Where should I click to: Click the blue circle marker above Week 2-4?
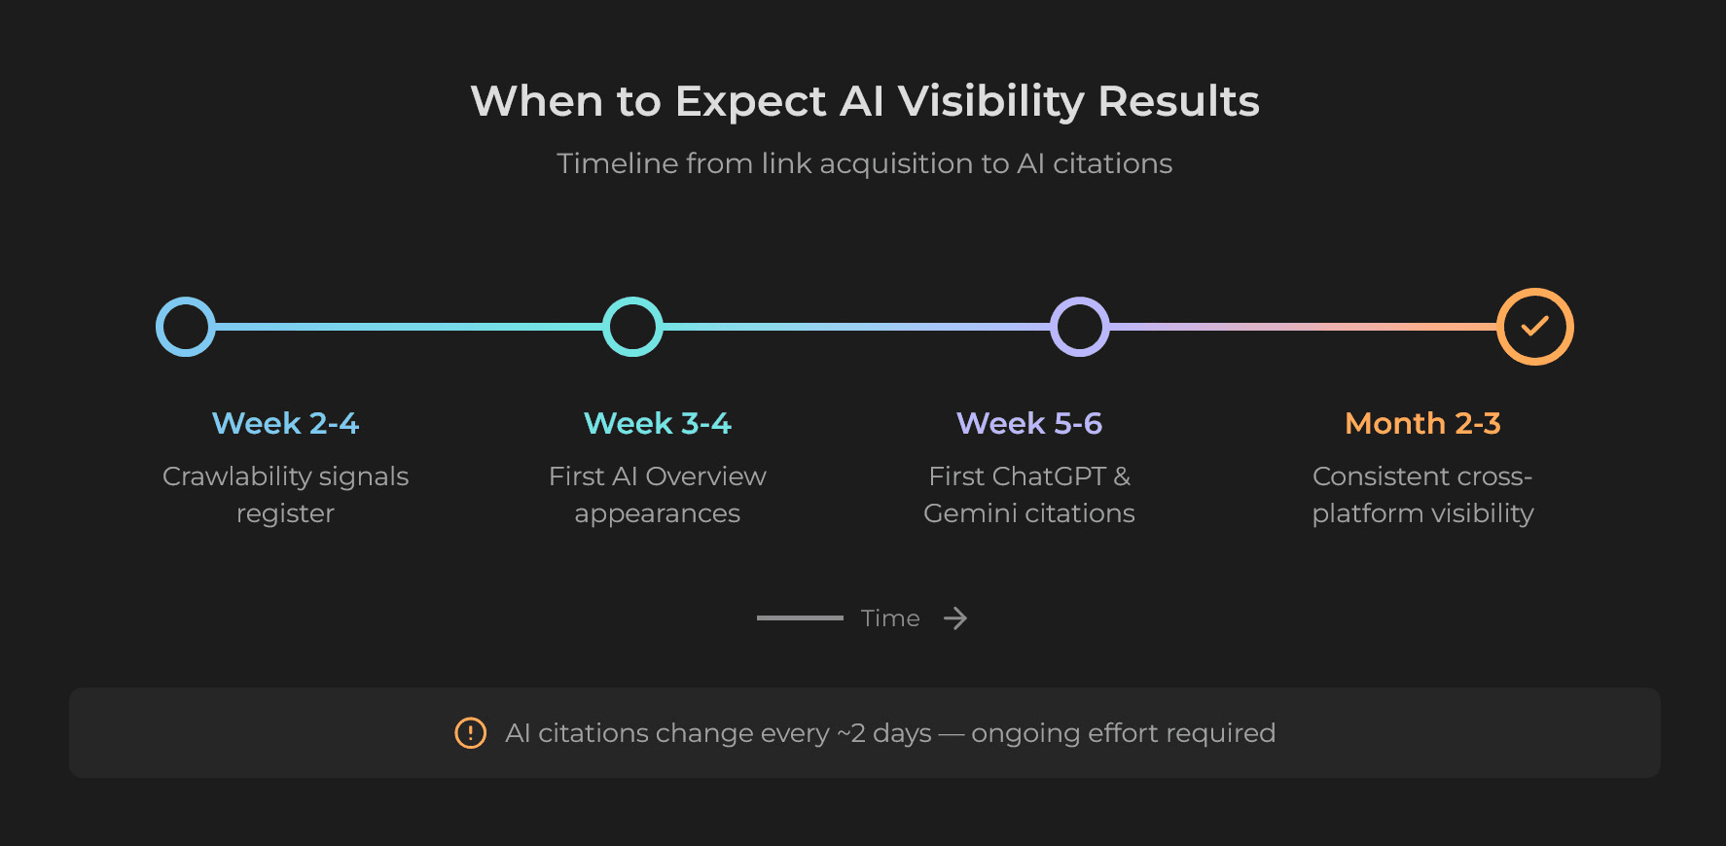point(185,327)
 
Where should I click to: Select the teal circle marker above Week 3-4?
point(632,327)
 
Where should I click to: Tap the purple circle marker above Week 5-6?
point(1079,327)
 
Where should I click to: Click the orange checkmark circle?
point(1534,327)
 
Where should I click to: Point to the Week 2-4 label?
point(285,423)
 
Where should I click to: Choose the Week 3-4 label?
point(657,423)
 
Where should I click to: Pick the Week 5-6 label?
point(1028,423)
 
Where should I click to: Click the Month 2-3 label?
point(1422,423)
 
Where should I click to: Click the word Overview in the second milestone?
point(705,476)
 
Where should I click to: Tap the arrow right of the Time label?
point(955,618)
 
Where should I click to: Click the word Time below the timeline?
point(890,618)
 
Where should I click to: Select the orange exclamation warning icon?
point(471,733)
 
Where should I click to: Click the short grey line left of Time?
point(800,618)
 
